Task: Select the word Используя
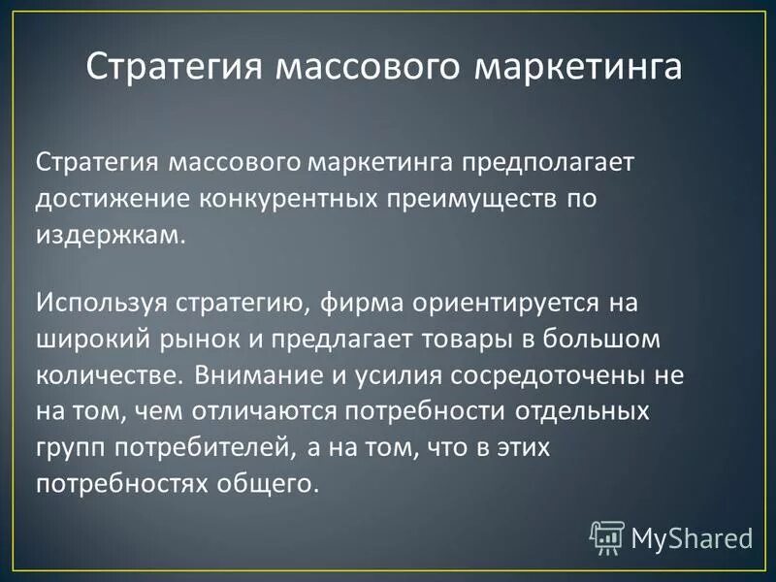tap(101, 302)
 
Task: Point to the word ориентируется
tap(501, 302)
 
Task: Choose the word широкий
tap(92, 340)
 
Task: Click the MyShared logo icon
tap(607, 535)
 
